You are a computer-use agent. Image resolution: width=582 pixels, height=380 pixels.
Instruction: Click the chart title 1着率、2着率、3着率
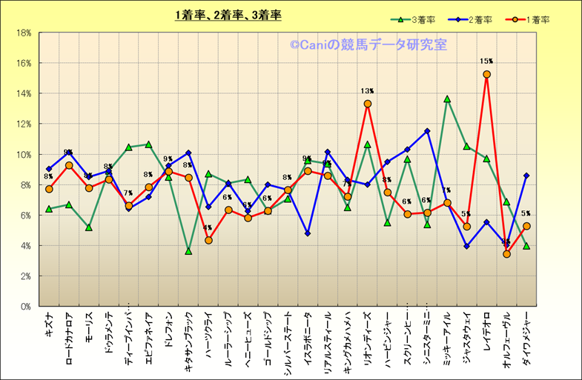point(228,15)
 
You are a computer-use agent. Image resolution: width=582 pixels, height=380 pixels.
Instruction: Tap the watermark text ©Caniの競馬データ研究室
point(368,45)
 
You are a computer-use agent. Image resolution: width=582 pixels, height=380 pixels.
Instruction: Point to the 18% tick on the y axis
point(22,33)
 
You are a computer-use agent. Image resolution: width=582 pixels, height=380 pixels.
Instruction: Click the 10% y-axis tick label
point(22,155)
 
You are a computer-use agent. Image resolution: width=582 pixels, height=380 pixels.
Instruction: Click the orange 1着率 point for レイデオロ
point(486,74)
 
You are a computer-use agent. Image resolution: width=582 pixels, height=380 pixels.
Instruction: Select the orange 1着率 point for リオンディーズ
point(367,104)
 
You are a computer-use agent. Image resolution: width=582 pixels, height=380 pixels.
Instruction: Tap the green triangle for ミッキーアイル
point(447,99)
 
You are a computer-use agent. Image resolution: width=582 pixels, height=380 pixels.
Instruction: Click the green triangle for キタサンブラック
point(188,251)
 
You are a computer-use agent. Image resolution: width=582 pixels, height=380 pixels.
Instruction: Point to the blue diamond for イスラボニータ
point(308,233)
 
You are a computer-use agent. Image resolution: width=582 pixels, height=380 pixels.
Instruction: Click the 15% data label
point(486,61)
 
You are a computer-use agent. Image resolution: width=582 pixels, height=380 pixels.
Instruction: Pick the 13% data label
point(367,91)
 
